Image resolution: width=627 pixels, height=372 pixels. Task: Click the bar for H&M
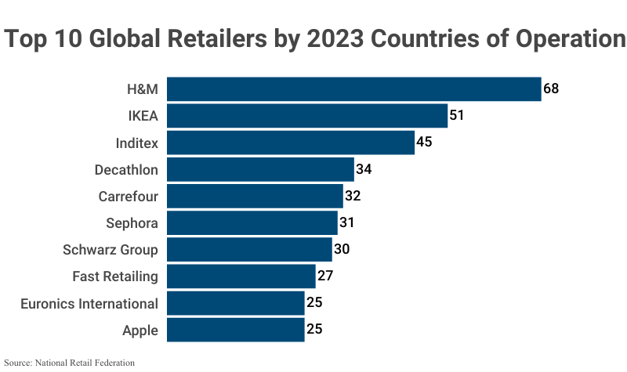click(x=354, y=89)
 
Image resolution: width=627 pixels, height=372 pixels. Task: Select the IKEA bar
click(x=307, y=116)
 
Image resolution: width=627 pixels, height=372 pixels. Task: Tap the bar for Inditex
click(x=291, y=143)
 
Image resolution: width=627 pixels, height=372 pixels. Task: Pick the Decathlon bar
click(x=261, y=169)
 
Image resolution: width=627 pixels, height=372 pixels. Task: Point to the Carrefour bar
click(x=256, y=196)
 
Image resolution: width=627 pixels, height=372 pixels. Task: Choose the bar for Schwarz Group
click(x=250, y=249)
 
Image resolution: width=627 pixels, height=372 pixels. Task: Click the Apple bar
click(x=236, y=330)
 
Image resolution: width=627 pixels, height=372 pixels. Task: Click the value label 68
click(x=551, y=88)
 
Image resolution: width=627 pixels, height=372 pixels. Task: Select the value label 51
click(x=457, y=116)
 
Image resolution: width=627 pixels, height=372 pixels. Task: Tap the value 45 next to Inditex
click(x=424, y=143)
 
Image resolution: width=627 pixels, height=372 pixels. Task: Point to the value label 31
click(x=347, y=222)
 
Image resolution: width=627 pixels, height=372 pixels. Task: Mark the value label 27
click(x=325, y=276)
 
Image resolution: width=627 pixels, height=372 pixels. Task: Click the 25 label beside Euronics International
click(x=314, y=303)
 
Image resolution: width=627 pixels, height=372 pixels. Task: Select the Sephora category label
click(x=132, y=223)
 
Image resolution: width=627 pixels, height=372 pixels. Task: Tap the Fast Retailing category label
click(x=115, y=276)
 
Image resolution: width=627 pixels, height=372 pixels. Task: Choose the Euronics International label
click(x=89, y=303)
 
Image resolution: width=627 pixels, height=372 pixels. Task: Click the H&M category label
click(x=142, y=89)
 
